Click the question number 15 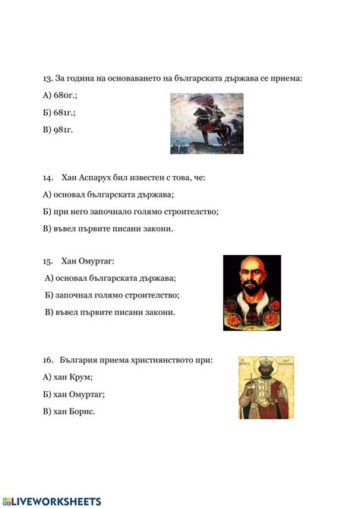(x=47, y=261)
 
